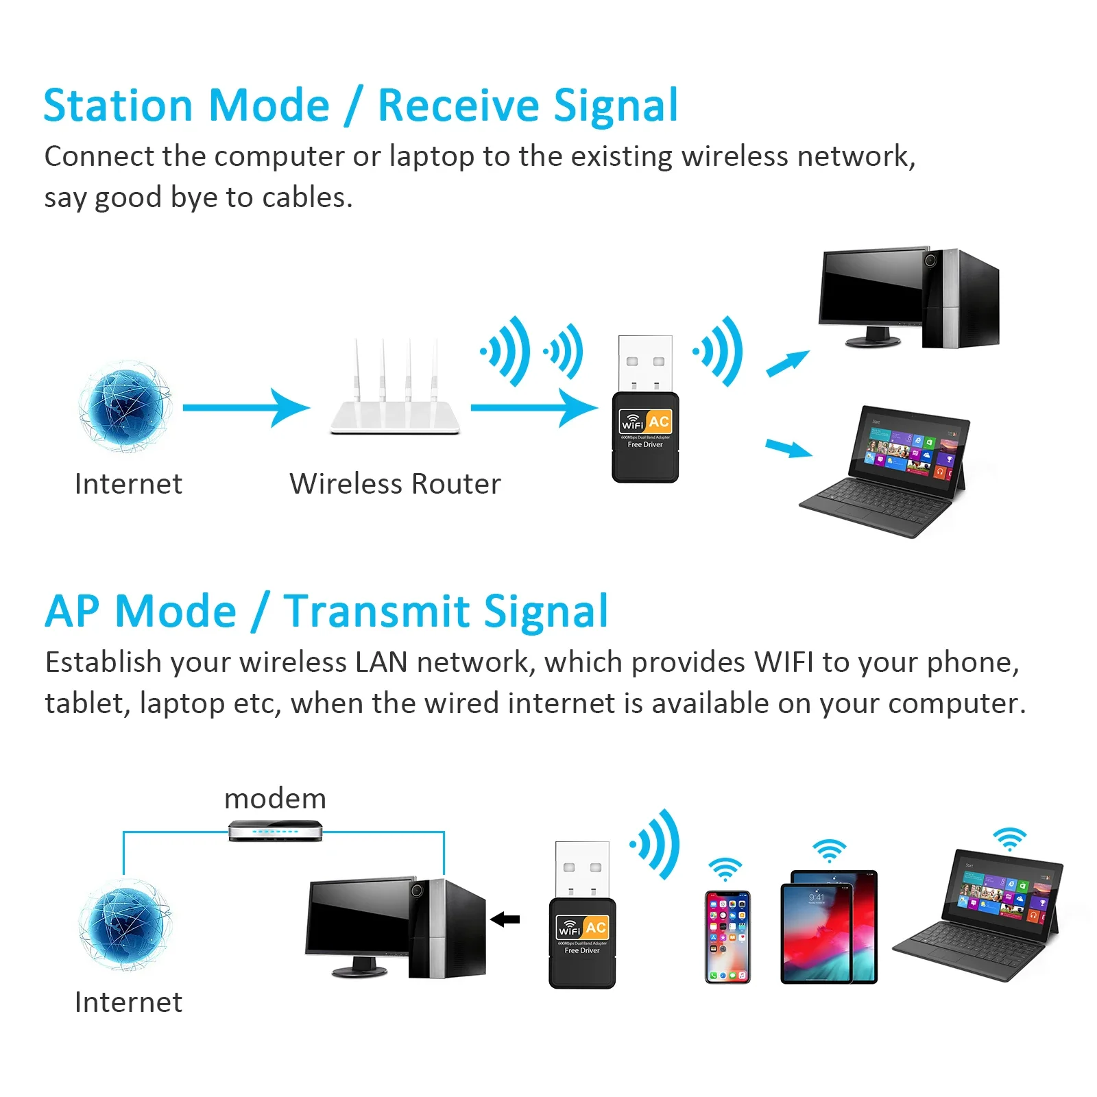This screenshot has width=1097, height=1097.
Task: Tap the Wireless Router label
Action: [395, 484]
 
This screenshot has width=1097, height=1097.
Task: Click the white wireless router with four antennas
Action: [395, 405]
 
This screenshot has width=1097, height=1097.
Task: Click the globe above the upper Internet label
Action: [124, 407]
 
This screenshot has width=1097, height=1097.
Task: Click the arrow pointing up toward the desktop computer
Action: [788, 363]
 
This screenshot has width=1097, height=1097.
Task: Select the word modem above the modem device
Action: [275, 799]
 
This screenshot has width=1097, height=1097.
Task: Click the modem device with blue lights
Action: [275, 830]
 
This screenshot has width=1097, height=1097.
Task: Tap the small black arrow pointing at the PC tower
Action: [505, 919]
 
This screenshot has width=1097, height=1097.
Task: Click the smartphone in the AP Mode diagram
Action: [727, 937]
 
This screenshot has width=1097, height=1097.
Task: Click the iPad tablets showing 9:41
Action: [829, 927]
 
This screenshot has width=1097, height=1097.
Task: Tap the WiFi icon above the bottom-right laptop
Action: [1010, 839]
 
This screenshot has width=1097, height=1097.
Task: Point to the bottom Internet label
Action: [128, 1002]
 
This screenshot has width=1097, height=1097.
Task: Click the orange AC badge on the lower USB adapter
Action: [595, 928]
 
